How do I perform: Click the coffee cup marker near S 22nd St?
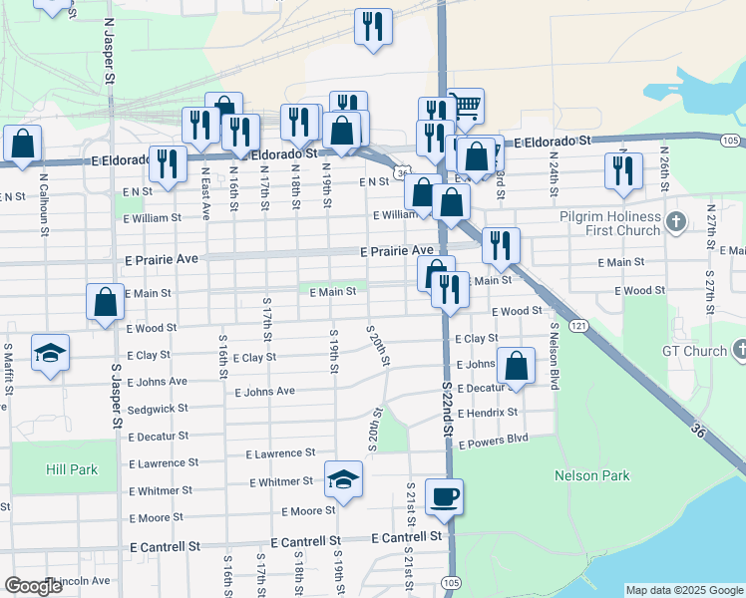tap(444, 495)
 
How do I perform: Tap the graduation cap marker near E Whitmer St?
tap(343, 480)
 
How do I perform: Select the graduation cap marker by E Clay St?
tap(50, 353)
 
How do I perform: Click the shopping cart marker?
tap(465, 106)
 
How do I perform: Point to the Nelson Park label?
tap(592, 476)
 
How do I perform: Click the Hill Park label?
tap(71, 469)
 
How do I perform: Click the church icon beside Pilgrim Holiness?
tap(677, 220)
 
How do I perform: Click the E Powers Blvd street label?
tap(493, 438)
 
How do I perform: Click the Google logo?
tap(33, 586)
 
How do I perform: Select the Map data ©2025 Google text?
tap(684, 590)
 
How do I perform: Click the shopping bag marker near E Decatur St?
tap(516, 365)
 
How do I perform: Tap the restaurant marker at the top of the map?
tap(373, 27)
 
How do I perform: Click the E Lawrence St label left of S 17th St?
tap(158, 464)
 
